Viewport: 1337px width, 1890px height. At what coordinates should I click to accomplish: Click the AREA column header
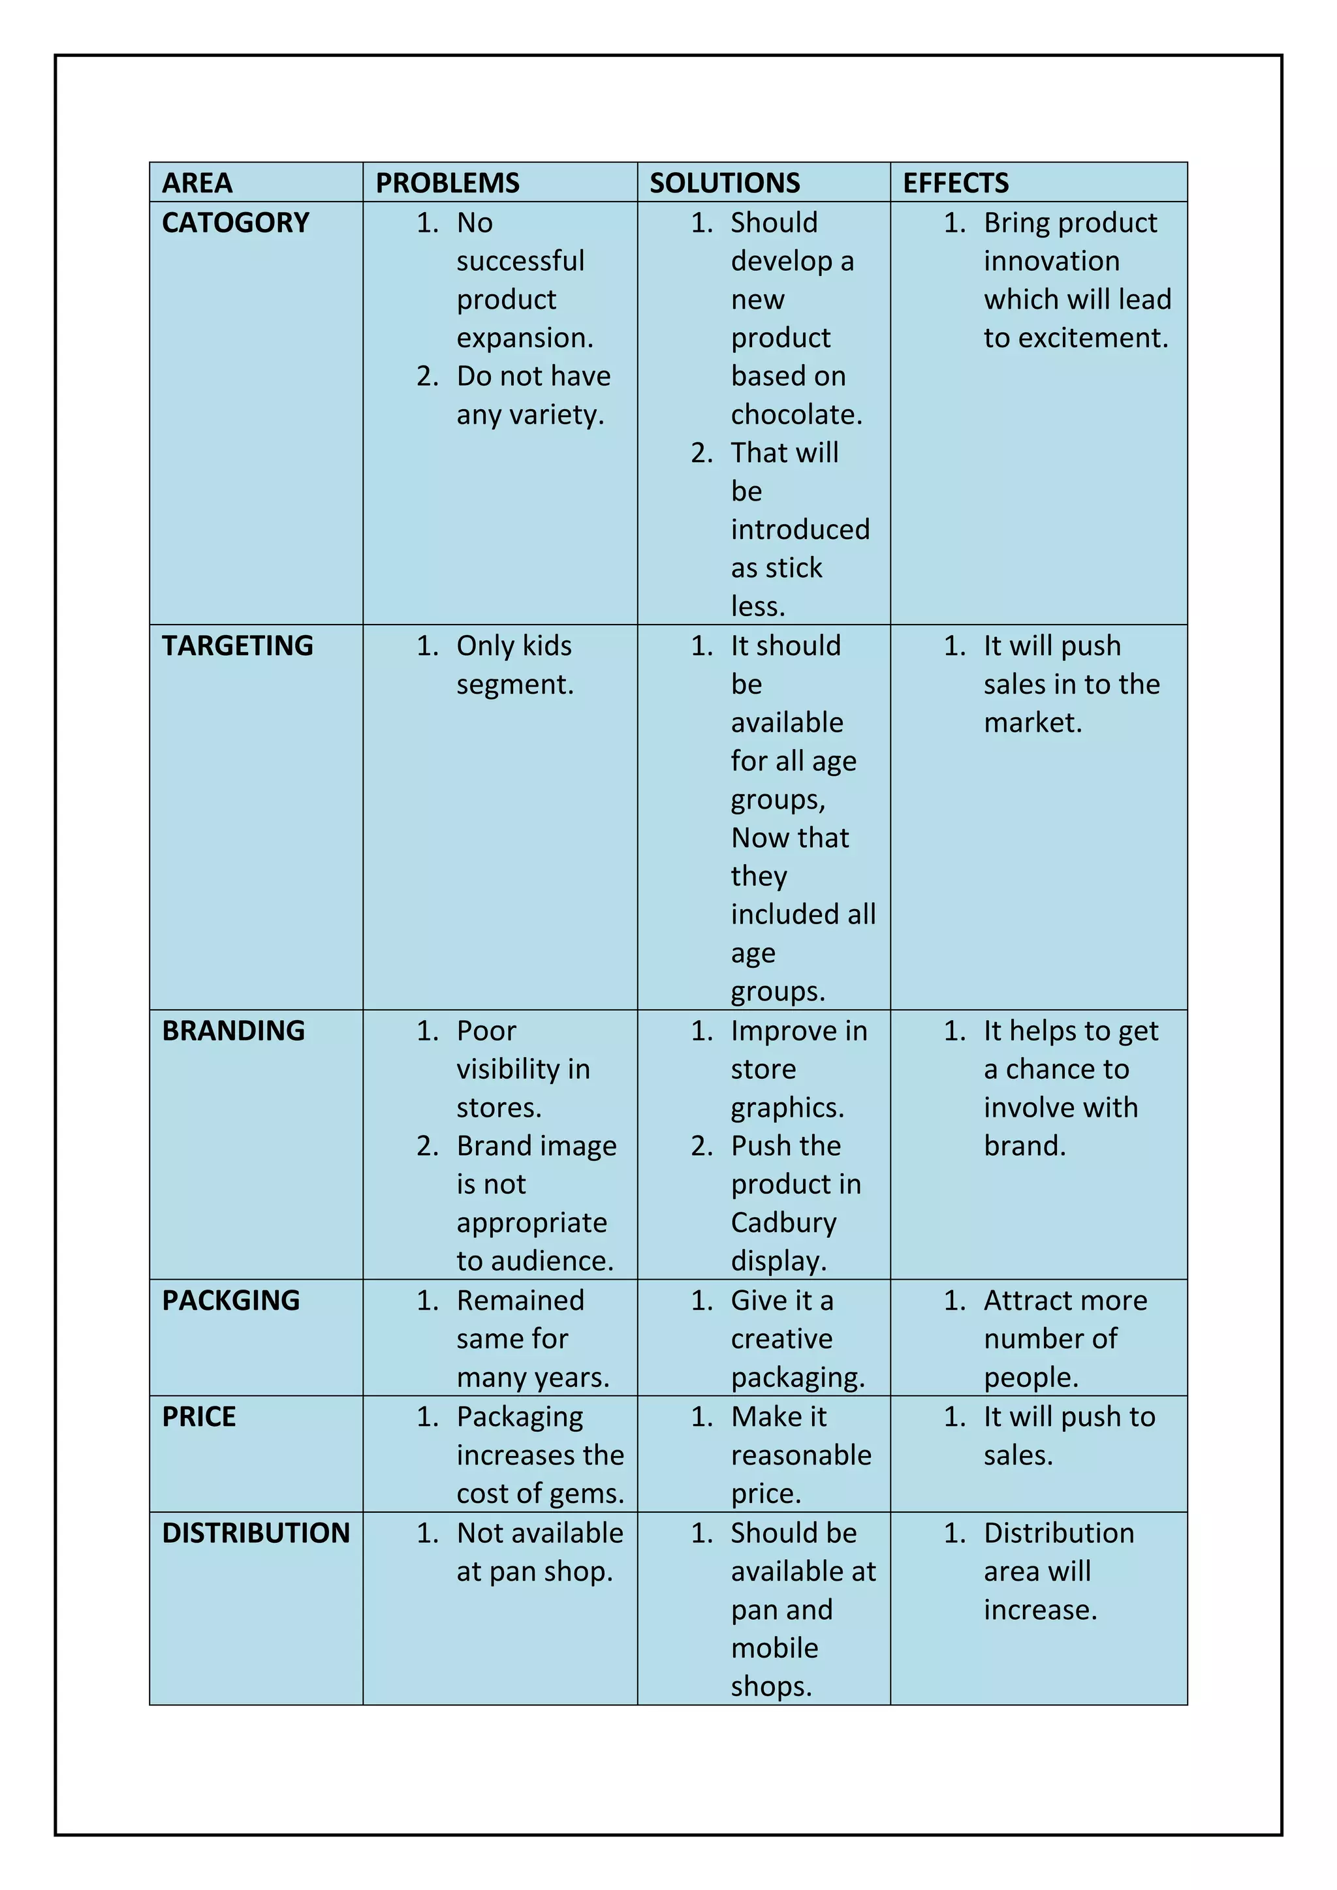(198, 183)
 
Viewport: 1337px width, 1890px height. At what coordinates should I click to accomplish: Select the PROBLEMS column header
(447, 183)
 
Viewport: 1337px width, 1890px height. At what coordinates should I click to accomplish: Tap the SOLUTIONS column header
(725, 183)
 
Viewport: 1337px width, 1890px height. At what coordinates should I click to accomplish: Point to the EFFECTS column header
(955, 183)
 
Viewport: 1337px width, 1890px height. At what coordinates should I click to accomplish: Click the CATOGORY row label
(236, 223)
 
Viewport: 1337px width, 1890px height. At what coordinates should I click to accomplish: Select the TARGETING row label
(237, 646)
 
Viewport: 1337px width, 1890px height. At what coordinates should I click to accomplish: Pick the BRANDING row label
(233, 1030)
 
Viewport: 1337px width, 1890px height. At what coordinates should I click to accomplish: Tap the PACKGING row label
(230, 1301)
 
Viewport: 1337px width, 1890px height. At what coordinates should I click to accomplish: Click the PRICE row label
(198, 1417)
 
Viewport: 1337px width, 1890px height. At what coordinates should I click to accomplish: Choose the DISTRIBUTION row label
(256, 1533)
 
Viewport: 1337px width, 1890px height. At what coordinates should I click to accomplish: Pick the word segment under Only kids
(514, 685)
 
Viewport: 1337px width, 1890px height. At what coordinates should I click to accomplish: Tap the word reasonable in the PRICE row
(800, 1455)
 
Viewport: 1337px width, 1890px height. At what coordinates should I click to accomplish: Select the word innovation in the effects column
(1051, 262)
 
